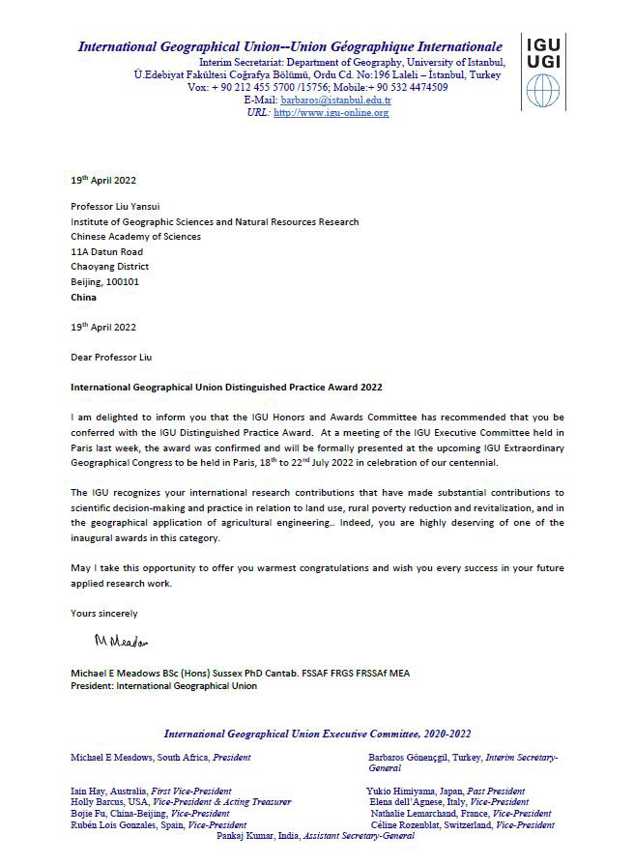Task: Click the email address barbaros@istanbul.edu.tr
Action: (335, 100)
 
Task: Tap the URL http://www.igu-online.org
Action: (331, 113)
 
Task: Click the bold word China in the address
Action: (83, 298)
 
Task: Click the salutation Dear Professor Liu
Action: (111, 358)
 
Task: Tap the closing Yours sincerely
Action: (104, 614)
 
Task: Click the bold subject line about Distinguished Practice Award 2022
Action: (226, 388)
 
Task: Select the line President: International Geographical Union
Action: (163, 686)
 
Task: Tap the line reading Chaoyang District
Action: (109, 267)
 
